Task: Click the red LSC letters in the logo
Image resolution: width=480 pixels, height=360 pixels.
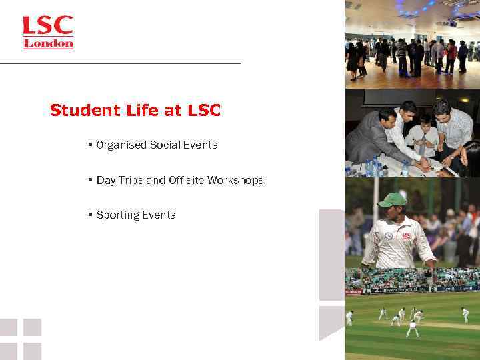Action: tap(47, 27)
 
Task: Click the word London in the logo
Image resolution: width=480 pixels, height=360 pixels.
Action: tap(48, 44)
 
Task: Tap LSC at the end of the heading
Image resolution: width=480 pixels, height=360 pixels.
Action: tap(203, 111)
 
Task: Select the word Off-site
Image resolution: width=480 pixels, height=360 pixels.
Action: tap(187, 180)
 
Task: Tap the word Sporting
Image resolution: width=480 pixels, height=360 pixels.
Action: tap(117, 215)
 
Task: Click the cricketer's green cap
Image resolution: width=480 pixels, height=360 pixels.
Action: tap(392, 199)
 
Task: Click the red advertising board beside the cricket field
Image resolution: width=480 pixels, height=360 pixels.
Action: tap(354, 291)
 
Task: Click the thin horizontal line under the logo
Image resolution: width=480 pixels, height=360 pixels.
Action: tap(120, 63)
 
